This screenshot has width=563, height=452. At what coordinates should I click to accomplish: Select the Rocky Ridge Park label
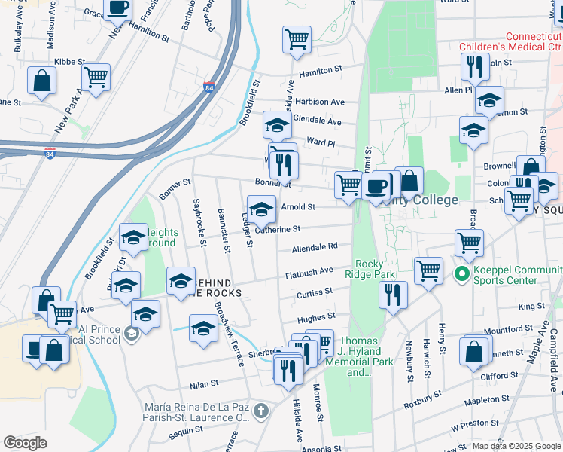point(376,269)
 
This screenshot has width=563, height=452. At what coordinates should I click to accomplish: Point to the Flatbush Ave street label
point(309,273)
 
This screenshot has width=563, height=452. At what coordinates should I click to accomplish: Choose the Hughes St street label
point(315,319)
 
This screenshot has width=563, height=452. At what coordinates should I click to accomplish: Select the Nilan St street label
point(203,383)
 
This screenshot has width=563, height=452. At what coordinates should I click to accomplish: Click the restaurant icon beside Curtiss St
point(392,295)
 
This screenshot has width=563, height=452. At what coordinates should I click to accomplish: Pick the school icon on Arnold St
point(261,209)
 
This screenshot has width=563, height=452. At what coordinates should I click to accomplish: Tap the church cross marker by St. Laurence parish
point(260,411)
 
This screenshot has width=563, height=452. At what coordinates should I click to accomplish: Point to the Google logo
point(25,443)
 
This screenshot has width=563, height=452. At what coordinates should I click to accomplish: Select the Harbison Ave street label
point(319,102)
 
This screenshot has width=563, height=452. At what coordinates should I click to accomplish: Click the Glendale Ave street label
point(317,121)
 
